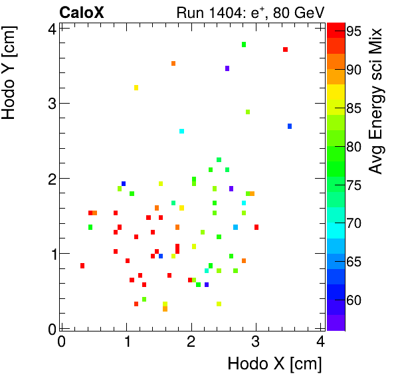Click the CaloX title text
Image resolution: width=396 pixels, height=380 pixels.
pyautogui.click(x=81, y=12)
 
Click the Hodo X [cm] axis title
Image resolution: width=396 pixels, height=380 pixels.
pyautogui.click(x=274, y=364)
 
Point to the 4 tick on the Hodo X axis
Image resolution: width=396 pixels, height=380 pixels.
pyautogui.click(x=320, y=342)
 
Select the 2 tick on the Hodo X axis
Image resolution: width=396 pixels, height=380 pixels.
pyautogui.click(x=191, y=342)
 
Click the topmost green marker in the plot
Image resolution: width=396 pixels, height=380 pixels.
pyautogui.click(x=244, y=45)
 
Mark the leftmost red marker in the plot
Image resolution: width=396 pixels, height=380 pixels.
pyautogui.click(x=82, y=266)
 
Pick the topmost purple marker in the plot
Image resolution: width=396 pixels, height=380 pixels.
pyautogui.click(x=227, y=68)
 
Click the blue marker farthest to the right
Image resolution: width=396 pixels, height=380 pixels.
pyautogui.click(x=290, y=126)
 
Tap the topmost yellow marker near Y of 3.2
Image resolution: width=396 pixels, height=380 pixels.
pyautogui.click(x=136, y=88)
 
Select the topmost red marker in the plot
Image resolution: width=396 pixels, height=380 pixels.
pyautogui.click(x=285, y=50)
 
